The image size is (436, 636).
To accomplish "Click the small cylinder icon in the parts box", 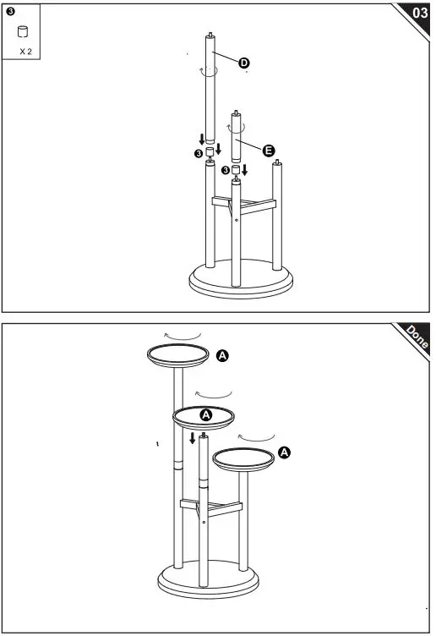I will pyautogui.click(x=24, y=32).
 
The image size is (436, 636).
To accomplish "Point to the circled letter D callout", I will pyautogui.click(x=243, y=63).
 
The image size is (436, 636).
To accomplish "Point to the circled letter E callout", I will pyautogui.click(x=269, y=150).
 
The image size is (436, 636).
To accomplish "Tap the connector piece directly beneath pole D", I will pyautogui.click(x=209, y=152).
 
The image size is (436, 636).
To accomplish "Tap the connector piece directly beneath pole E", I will pyautogui.click(x=237, y=170).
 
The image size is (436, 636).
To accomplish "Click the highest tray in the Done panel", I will pyautogui.click(x=178, y=356).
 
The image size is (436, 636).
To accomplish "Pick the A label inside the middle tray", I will pyautogui.click(x=205, y=415).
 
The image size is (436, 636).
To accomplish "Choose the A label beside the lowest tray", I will pyautogui.click(x=285, y=453).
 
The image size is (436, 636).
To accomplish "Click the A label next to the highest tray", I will pyautogui.click(x=223, y=356).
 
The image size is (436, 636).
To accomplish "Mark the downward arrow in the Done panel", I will pyautogui.click(x=193, y=438).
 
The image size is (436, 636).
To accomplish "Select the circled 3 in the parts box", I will pyautogui.click(x=9, y=12).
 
